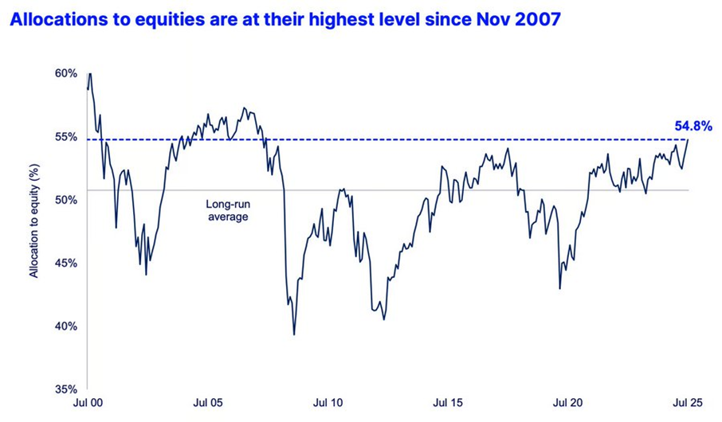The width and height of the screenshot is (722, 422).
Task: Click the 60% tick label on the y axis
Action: pyautogui.click(x=67, y=73)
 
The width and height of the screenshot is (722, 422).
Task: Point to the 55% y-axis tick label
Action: pyautogui.click(x=67, y=137)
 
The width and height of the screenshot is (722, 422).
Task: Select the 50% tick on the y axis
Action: pyautogui.click(x=67, y=200)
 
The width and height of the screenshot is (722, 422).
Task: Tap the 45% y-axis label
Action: pyautogui.click(x=67, y=264)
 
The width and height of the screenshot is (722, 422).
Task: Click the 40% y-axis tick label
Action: pyautogui.click(x=67, y=326)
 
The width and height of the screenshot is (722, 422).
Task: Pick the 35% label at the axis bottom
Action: pyautogui.click(x=67, y=389)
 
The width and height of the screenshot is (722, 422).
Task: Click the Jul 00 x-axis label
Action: pyautogui.click(x=88, y=403)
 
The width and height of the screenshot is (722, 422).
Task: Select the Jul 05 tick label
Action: pyautogui.click(x=208, y=403)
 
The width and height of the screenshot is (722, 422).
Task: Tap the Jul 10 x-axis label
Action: pyautogui.click(x=328, y=403)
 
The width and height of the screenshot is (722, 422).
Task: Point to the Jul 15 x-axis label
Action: pyautogui.click(x=448, y=403)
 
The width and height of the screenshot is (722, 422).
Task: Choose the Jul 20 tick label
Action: pyautogui.click(x=567, y=403)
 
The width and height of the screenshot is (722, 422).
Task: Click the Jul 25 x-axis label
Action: pyautogui.click(x=688, y=403)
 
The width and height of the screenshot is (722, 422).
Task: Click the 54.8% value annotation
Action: pyautogui.click(x=693, y=126)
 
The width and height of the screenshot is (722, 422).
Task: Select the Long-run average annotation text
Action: pyautogui.click(x=228, y=210)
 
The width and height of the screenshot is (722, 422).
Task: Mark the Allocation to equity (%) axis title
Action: pyautogui.click(x=34, y=221)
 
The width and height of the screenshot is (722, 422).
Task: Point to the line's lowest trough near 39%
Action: pyautogui.click(x=294, y=334)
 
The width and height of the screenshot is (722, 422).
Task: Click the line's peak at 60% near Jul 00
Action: pyautogui.click(x=90, y=73)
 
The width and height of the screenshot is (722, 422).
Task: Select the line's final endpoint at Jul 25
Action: pyautogui.click(x=689, y=139)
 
